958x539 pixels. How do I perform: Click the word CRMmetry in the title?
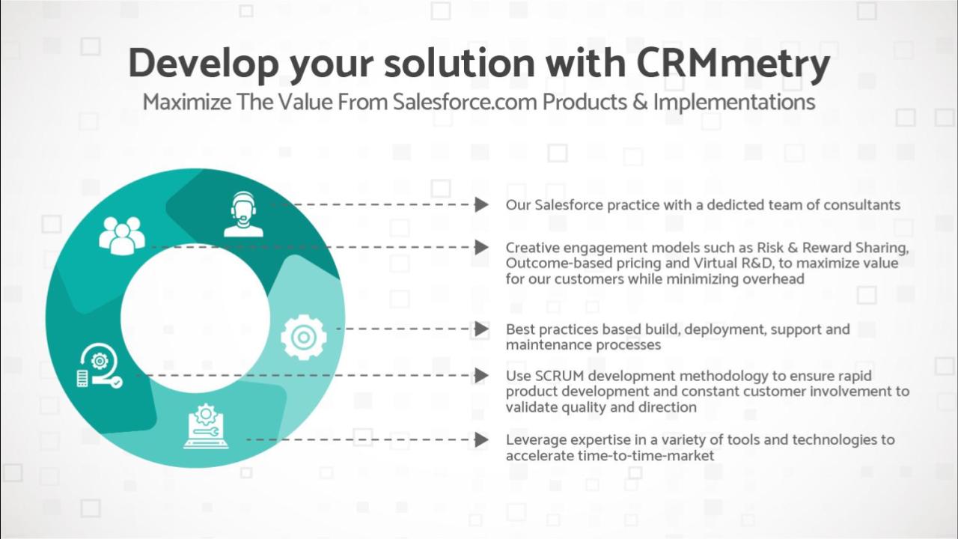(733, 64)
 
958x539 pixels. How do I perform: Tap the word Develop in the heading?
(204, 64)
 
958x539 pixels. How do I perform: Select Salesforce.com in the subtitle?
(465, 102)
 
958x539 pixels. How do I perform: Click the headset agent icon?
(243, 214)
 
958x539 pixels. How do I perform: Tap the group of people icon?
(122, 236)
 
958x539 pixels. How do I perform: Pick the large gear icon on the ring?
(304, 337)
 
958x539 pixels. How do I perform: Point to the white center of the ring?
(195, 318)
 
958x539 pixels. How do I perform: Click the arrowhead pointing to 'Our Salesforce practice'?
(481, 204)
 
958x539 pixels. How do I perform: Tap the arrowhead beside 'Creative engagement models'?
(481, 247)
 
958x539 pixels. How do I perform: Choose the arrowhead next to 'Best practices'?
(481, 329)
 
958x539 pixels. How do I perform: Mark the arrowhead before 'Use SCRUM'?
(481, 376)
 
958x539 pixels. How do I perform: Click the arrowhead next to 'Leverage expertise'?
(481, 439)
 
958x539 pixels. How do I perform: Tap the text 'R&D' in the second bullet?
(757, 263)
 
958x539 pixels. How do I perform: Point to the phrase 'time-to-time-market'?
(646, 456)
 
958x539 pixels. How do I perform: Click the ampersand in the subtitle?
(640, 103)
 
